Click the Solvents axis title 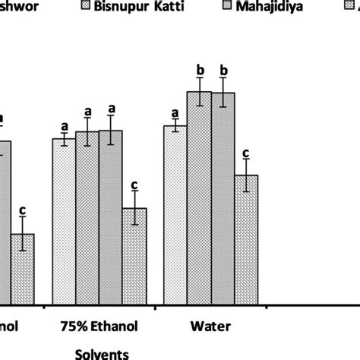tap(102, 353)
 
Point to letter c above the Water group tap(247, 153)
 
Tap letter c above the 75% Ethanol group tap(134, 185)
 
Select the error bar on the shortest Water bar tap(247, 175)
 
